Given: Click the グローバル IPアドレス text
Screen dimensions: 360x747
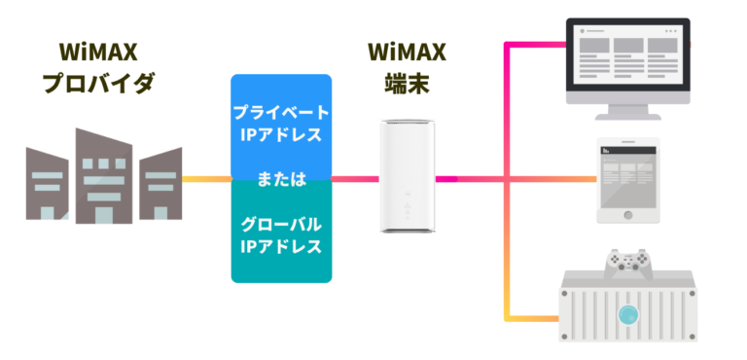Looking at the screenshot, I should [x=280, y=234].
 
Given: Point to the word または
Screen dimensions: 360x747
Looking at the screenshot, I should [x=280, y=179].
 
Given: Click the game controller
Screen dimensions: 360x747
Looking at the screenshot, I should [x=628, y=261].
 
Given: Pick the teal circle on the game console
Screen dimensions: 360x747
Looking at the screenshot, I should [x=629, y=314].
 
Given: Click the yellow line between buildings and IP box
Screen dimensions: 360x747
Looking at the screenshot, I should [x=206, y=179].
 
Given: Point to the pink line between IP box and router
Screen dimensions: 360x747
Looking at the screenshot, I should [x=355, y=179].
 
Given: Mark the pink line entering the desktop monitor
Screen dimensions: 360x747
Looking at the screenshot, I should [x=535, y=42].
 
